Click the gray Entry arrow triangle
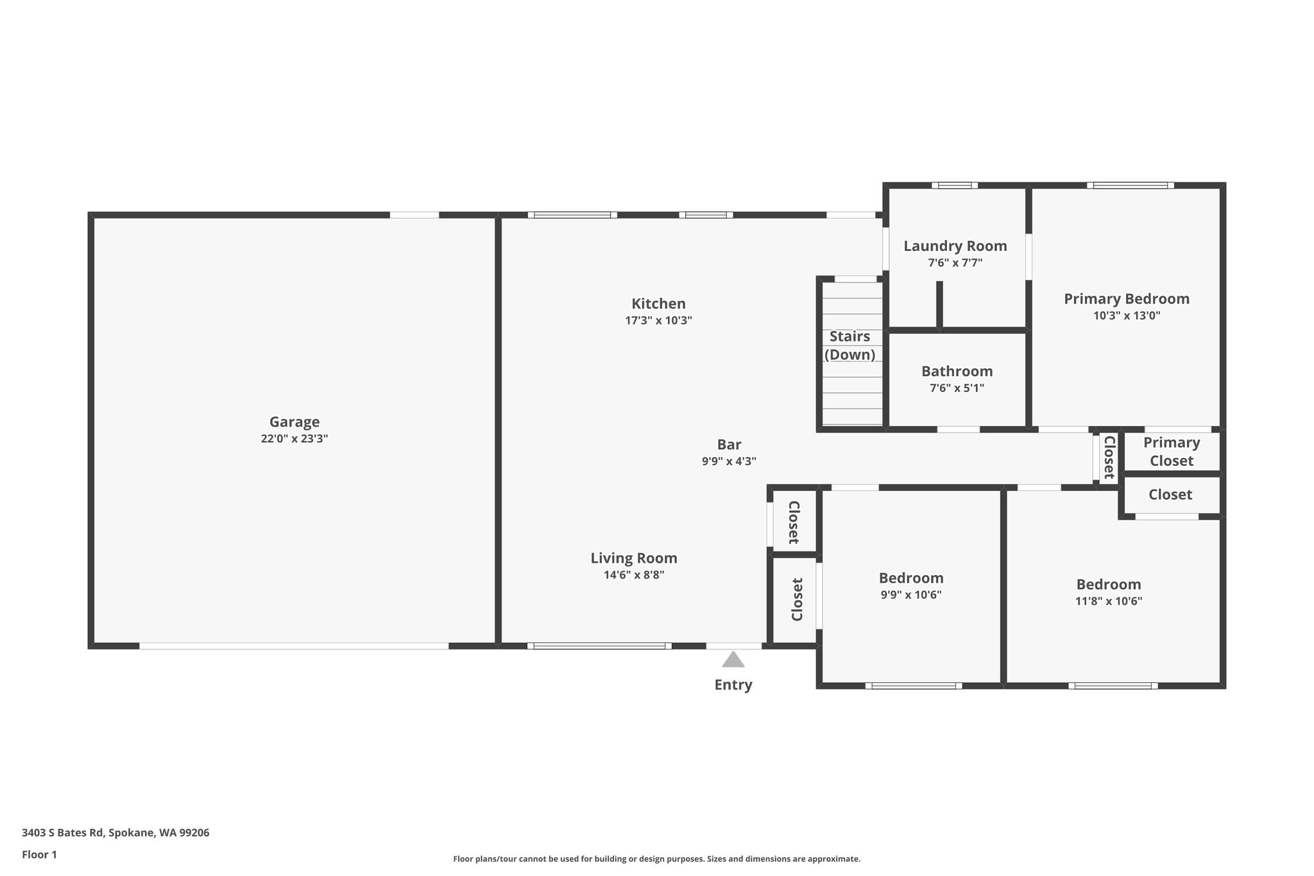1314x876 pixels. point(733,659)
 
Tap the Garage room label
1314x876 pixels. point(294,422)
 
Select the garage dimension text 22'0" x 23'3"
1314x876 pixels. point(294,439)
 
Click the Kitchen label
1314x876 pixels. point(658,304)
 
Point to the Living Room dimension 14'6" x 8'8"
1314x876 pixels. point(634,575)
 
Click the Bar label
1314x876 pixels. point(730,444)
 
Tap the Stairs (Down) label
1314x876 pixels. point(850,345)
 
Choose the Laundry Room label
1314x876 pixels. point(955,246)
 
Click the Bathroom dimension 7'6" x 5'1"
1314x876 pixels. point(957,388)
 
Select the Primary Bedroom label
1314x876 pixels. point(1127,298)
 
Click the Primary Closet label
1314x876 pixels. point(1172,451)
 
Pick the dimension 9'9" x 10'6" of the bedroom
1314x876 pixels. point(911,595)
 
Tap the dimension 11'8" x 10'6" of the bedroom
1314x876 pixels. point(1109,601)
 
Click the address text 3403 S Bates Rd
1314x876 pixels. point(62,833)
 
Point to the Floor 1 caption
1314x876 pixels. point(39,855)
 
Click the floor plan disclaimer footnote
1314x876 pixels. point(657,859)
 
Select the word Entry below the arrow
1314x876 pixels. point(733,685)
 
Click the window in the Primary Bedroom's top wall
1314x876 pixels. point(1131,185)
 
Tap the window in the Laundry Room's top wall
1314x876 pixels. point(955,185)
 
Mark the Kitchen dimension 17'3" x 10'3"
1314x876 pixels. point(658,320)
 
